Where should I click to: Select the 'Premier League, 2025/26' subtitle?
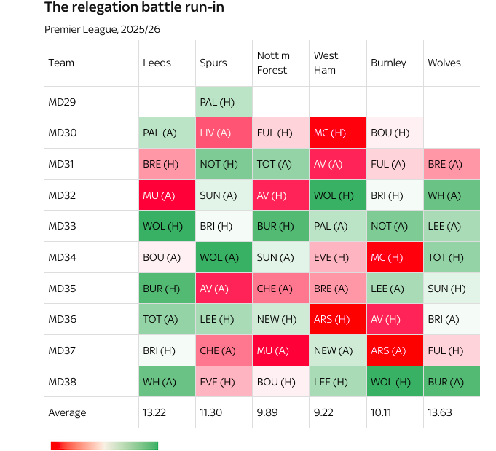[102, 29]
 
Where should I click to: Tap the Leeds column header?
[157, 63]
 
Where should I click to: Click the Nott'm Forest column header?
[272, 63]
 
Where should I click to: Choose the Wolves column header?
[444, 63]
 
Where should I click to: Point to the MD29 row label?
[62, 102]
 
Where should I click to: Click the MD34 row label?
[62, 257]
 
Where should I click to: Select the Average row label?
[67, 412]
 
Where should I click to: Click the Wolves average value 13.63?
[439, 412]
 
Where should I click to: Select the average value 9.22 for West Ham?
[324, 412]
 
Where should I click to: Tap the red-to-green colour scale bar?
[104, 445]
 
